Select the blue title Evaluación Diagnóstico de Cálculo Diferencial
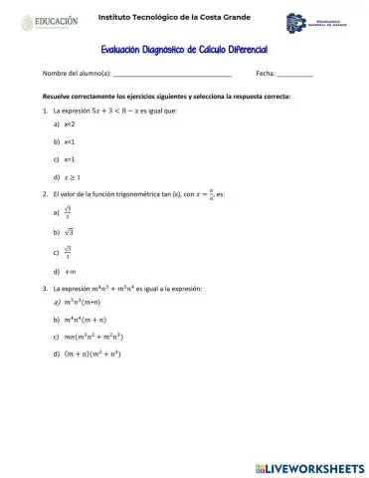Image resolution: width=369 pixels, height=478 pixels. click(x=185, y=49)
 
